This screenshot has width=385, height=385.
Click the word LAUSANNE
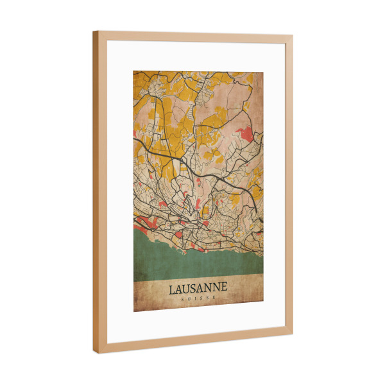[198, 289]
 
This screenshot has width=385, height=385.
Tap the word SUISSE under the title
[198, 300]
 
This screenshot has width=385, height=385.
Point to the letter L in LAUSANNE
[173, 289]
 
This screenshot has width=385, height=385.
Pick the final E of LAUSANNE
[224, 289]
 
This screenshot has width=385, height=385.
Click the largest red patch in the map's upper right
[245, 134]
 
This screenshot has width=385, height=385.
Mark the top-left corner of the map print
[133, 71]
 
